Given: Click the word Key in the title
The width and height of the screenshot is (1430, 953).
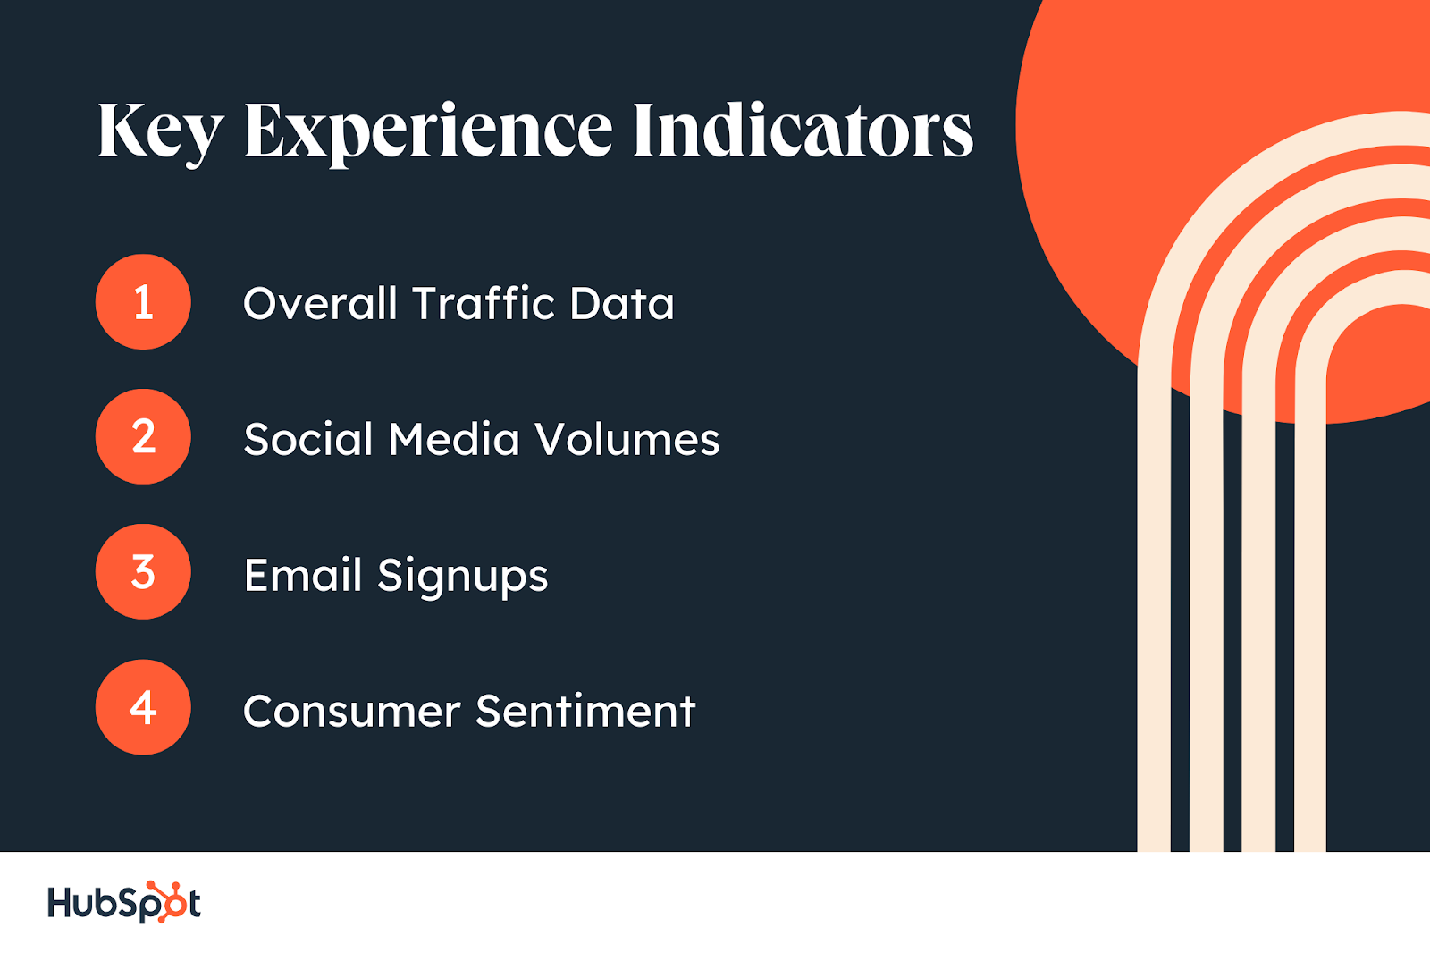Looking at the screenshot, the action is pos(161,133).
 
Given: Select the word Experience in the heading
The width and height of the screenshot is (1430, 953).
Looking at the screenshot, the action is pos(428,133).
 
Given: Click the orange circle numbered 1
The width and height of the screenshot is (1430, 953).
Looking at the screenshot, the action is pos(143,301).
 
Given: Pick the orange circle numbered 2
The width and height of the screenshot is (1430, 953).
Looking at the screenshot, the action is pos(143,437).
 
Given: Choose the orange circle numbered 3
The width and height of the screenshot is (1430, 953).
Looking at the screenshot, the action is pos(143,571).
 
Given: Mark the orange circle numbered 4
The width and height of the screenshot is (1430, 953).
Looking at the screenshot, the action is pos(143,707).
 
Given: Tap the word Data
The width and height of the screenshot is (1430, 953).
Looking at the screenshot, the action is pos(622,302).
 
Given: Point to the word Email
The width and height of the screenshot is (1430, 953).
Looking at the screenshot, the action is pos(303,574).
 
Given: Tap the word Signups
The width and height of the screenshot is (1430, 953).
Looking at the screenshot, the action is pos(463,577).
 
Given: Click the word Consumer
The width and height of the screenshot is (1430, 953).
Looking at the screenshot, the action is pos(352,711).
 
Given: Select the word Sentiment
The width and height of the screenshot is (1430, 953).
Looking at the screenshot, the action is pos(585,710).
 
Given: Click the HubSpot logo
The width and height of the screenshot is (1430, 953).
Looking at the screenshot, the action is pos(124,902).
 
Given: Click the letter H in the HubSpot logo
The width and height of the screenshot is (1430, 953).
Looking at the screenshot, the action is pos(62,902).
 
